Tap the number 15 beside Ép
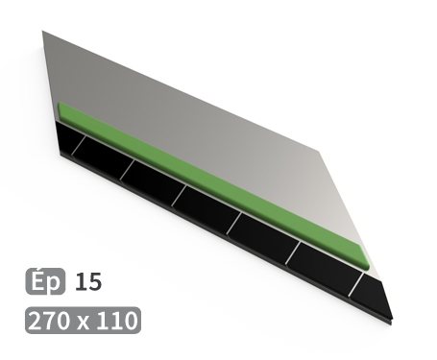pos(86,281)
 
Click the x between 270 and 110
pos(85,321)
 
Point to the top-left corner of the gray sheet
pos(44,33)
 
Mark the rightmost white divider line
pos(355,284)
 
